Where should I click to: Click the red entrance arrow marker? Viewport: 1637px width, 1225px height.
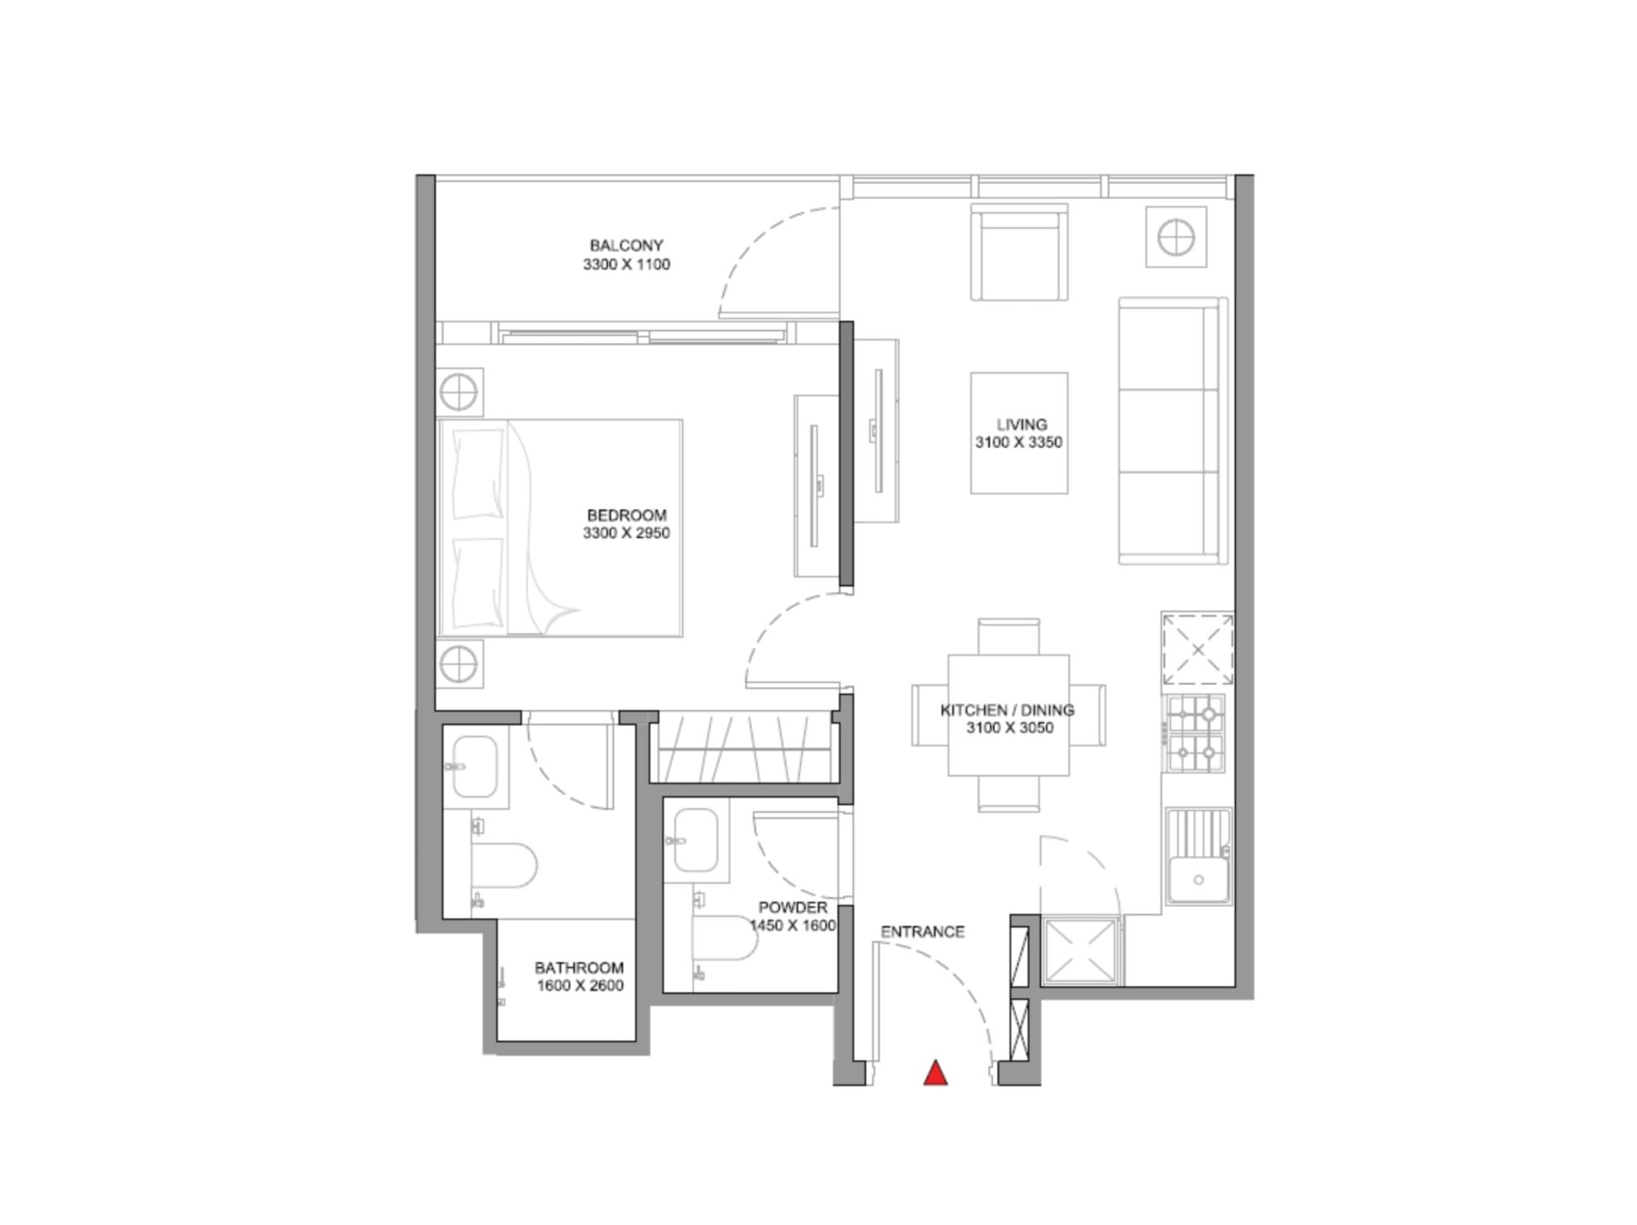click(936, 1073)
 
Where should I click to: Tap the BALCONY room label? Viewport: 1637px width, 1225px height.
click(626, 245)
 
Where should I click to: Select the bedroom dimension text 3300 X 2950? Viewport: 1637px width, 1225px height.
click(626, 534)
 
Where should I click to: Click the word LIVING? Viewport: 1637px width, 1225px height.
click(1021, 425)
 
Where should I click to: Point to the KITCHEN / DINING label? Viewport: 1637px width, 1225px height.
click(1008, 710)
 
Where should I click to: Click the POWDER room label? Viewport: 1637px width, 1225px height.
click(792, 907)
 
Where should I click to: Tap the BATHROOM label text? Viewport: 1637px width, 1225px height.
click(579, 968)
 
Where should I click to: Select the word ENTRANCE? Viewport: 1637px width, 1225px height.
click(922, 932)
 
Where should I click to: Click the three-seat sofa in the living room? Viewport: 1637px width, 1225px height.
click(1173, 430)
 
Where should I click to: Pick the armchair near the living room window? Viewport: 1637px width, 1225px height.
click(1019, 252)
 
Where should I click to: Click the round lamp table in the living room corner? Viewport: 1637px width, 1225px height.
click(1176, 237)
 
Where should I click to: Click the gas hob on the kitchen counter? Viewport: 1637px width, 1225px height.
click(1196, 734)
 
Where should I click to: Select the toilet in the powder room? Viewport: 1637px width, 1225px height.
click(724, 938)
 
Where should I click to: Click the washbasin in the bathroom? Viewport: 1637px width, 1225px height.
click(475, 767)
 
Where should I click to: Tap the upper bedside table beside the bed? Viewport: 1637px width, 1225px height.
click(459, 393)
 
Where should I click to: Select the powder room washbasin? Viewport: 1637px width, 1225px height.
click(695, 840)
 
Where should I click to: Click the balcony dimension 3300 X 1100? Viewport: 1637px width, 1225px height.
click(626, 264)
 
